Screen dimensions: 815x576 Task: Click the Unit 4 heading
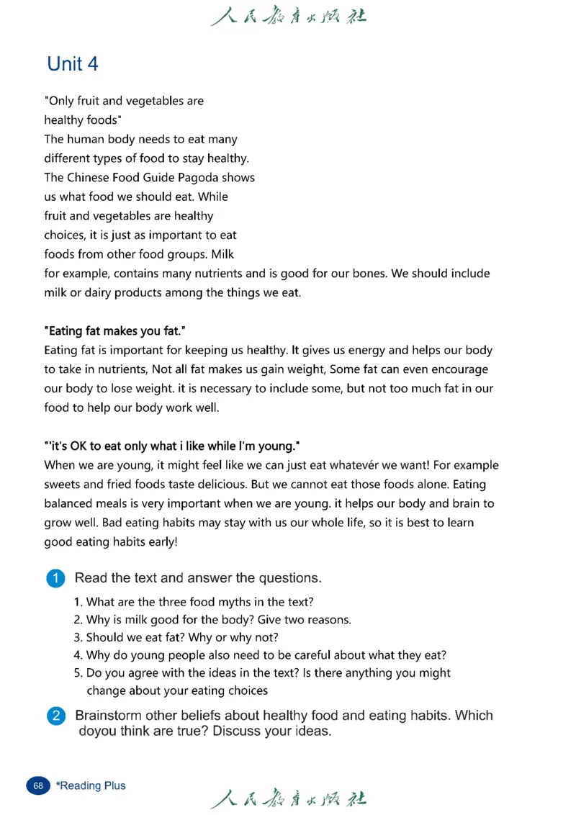tap(72, 64)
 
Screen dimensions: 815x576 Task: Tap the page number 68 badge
tap(38, 785)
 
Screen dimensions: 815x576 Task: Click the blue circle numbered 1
tap(55, 578)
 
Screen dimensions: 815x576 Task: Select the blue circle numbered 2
tap(55, 716)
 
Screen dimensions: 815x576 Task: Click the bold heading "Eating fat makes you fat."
tap(115, 331)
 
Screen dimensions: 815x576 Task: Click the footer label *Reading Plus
tap(91, 785)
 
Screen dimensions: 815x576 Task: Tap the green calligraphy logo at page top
tap(288, 16)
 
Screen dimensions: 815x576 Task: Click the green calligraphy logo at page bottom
tap(288, 798)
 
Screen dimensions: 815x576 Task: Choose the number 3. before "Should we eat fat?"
tap(78, 637)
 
